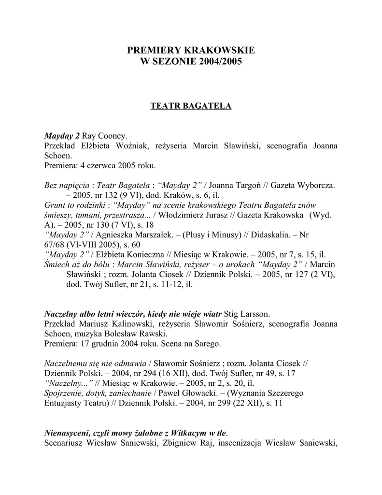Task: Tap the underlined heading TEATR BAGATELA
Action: (x=191, y=106)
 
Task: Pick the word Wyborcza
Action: (x=315, y=186)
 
